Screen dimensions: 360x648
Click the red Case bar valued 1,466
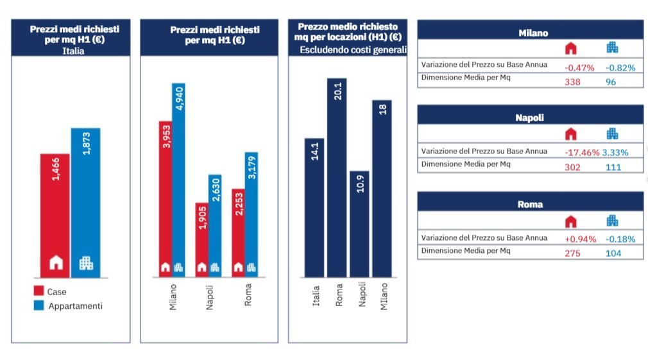pos(55,215)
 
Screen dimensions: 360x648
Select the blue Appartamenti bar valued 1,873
pos(85,202)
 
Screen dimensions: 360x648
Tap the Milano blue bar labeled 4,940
pos(178,180)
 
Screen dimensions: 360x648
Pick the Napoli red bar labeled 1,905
pos(201,239)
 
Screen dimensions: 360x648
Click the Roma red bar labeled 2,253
pos(237,232)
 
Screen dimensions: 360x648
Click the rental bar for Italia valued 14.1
pos(314,207)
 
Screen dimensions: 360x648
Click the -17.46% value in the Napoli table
pos(582,153)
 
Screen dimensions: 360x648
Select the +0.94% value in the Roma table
pos(580,239)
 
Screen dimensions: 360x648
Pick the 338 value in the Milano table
pos(572,81)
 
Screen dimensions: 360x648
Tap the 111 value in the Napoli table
pos(613,167)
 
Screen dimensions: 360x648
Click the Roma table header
pos(530,204)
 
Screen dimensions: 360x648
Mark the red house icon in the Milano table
pos(571,48)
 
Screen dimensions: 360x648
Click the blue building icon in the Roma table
pos(613,221)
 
